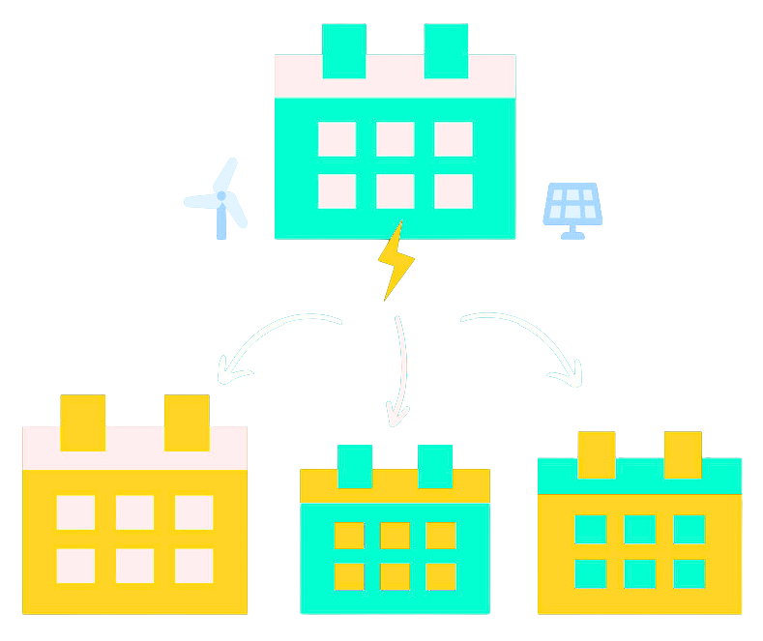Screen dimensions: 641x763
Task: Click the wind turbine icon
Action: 220,198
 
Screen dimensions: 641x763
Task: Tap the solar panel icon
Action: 572,208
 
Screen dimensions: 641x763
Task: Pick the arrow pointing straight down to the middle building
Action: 399,372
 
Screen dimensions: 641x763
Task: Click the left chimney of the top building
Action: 343,50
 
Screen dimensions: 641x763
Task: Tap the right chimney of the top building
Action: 446,50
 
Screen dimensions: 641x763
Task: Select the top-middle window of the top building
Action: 395,138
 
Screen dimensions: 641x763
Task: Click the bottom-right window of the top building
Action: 453,190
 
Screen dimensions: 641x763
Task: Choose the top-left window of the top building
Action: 337,138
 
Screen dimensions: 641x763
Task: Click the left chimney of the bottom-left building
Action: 82,422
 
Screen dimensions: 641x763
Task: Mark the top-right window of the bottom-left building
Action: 193,512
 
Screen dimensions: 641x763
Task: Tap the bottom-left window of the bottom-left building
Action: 75,566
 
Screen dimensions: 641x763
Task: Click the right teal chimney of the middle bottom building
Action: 434,466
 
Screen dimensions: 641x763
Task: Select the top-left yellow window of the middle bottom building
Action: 348,535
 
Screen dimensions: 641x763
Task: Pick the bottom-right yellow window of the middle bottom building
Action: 441,576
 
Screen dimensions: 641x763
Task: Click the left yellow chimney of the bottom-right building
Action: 596,454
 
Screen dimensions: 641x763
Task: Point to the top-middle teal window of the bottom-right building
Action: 639,530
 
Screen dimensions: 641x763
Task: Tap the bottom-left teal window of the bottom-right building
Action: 590,573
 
